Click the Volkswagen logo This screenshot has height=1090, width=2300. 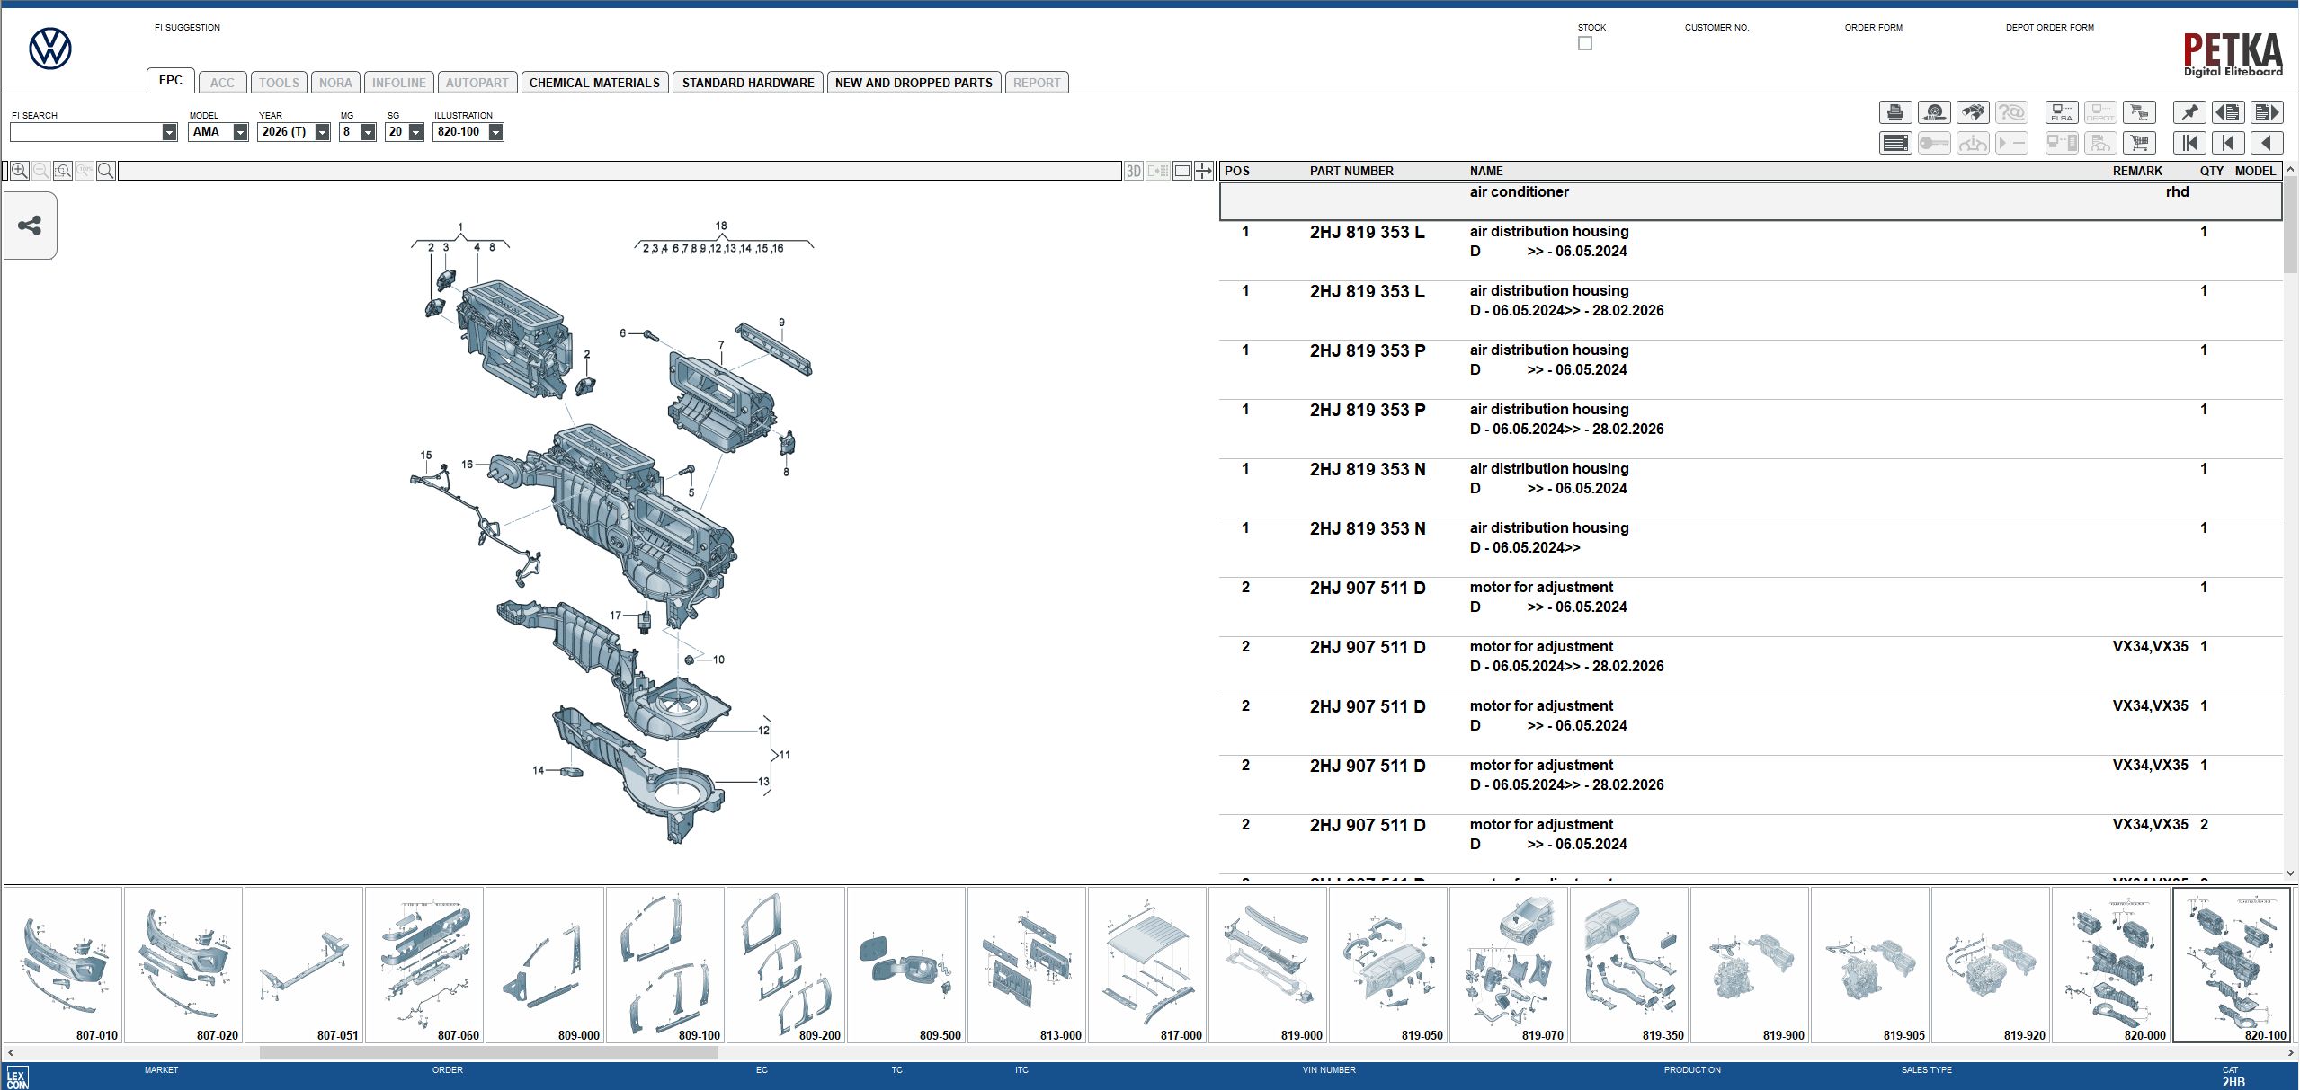pyautogui.click(x=50, y=49)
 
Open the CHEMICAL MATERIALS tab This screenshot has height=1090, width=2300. pyautogui.click(x=594, y=83)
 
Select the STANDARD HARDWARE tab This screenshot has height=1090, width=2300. pyautogui.click(x=747, y=83)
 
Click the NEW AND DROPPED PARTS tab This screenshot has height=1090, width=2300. pyautogui.click(x=913, y=83)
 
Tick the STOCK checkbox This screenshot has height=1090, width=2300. pyautogui.click(x=1584, y=43)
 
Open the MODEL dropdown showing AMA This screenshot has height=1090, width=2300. pyautogui.click(x=240, y=132)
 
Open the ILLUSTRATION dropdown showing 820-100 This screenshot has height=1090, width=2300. pyautogui.click(x=495, y=132)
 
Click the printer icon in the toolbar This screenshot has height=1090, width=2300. pyautogui.click(x=1894, y=112)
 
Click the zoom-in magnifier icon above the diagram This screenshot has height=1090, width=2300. pyautogui.click(x=19, y=171)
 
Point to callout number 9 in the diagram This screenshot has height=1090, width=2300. pyautogui.click(x=781, y=323)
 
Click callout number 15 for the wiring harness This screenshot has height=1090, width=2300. pyautogui.click(x=426, y=456)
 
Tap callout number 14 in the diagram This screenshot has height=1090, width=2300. pyautogui.click(x=538, y=770)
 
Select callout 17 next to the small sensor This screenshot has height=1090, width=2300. pyautogui.click(x=615, y=616)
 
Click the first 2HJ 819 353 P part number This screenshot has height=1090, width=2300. pyautogui.click(x=1367, y=350)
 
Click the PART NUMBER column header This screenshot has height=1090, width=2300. pyautogui.click(x=1351, y=171)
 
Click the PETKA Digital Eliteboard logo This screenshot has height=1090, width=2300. pyautogui.click(x=2233, y=54)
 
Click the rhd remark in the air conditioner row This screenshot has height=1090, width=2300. pyautogui.click(x=2177, y=192)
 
